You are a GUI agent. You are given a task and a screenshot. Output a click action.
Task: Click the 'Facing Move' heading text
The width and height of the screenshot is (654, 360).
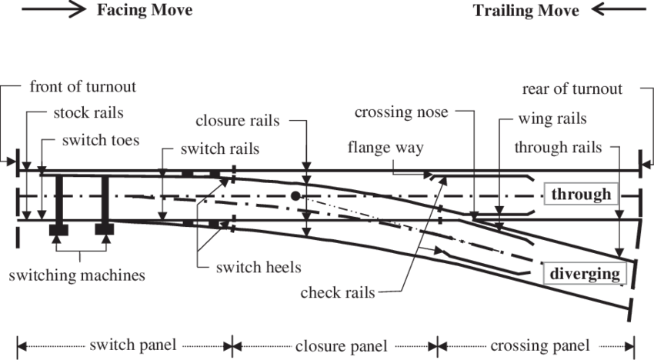coord(145,11)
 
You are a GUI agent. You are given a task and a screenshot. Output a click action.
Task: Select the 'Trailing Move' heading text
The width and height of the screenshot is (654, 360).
coord(526,11)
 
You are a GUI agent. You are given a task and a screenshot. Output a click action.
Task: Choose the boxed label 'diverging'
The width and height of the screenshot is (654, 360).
coord(584,273)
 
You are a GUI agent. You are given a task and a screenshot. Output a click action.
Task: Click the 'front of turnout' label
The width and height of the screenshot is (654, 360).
coord(82,87)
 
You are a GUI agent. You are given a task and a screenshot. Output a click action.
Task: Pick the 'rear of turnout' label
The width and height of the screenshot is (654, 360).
coord(572,89)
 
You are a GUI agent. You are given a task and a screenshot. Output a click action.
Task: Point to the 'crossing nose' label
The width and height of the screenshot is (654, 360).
coord(402,112)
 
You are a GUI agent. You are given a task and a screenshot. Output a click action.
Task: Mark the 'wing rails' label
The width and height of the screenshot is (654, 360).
coord(552,119)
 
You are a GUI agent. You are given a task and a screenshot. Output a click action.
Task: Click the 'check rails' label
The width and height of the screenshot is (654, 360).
coord(339,292)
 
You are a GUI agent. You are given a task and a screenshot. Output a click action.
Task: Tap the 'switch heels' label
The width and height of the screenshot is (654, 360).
coord(259,267)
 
